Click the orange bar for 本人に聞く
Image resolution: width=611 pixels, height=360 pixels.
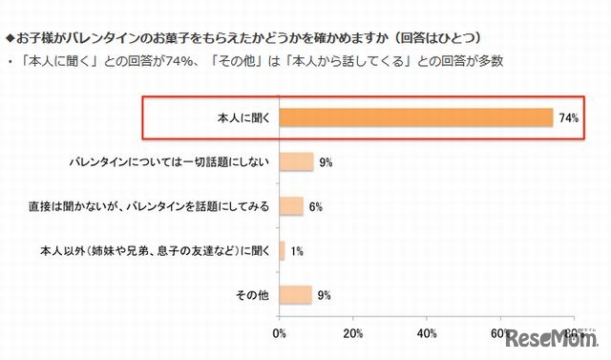click(416, 118)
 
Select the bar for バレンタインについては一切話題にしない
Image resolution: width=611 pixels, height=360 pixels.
click(296, 162)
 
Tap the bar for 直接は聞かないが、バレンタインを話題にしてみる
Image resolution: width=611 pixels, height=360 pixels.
click(291, 206)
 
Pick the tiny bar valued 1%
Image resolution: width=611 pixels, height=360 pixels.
click(283, 251)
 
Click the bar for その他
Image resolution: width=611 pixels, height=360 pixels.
click(296, 295)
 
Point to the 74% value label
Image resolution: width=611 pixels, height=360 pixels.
click(569, 118)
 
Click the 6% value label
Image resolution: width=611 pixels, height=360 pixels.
click(315, 206)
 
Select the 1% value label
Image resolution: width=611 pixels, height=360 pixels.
click(297, 251)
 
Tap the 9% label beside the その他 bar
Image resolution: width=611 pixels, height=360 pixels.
click(325, 295)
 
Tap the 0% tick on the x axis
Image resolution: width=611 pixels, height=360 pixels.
click(280, 333)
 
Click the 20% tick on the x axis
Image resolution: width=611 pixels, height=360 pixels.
click(353, 333)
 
